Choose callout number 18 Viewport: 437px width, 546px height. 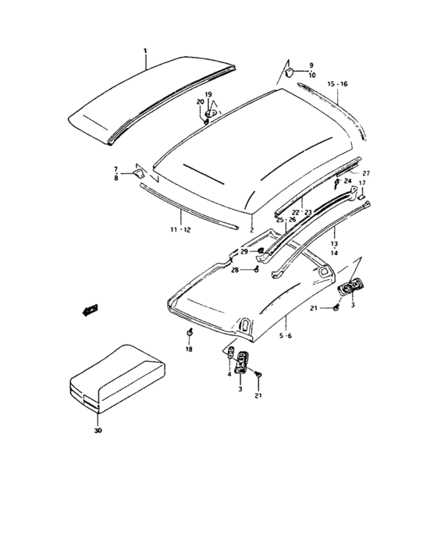[x=188, y=350]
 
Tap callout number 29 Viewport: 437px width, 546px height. [x=243, y=251]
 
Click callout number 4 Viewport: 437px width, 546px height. [x=228, y=375]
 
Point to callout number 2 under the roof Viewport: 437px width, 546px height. [x=251, y=231]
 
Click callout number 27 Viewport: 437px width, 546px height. [x=365, y=172]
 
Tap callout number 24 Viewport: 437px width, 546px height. [x=349, y=181]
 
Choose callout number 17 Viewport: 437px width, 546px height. [x=362, y=183]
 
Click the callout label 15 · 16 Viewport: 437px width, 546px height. [x=338, y=83]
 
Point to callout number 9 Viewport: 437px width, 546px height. [x=311, y=65]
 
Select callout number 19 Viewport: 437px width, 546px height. [x=208, y=94]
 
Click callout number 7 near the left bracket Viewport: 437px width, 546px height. [x=115, y=169]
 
